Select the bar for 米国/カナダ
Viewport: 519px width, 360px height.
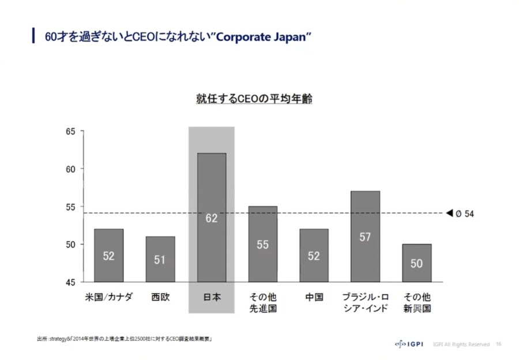tap(108, 255)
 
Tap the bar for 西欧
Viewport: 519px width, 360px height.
tap(160, 259)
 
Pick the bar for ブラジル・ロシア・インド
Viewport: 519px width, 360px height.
tap(365, 236)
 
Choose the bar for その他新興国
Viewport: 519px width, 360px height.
tap(416, 262)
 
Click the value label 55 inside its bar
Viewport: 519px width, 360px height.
tap(262, 245)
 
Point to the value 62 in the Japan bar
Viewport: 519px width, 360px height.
tap(211, 218)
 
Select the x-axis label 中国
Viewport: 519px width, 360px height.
tap(314, 298)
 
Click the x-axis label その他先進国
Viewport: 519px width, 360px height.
tap(262, 303)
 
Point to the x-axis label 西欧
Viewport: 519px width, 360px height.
tap(160, 298)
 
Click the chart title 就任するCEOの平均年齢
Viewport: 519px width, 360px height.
tap(254, 99)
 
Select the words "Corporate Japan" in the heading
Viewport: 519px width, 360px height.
tap(263, 37)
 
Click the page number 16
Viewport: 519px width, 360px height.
tap(498, 344)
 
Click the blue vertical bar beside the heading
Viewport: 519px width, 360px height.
tap(33, 36)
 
